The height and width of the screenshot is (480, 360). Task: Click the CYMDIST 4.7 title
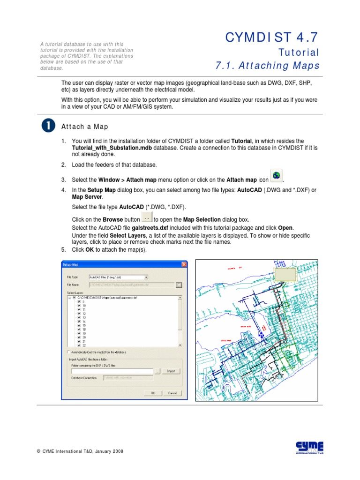point(272,37)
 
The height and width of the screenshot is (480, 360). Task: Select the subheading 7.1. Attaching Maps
point(267,66)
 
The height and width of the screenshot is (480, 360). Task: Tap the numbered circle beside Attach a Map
point(48,126)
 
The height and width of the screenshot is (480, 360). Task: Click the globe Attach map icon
point(277,176)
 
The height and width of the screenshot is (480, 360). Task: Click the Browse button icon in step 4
point(147,218)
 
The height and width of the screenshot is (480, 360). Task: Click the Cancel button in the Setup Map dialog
point(172,393)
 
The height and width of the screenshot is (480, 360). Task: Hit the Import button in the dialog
point(171,371)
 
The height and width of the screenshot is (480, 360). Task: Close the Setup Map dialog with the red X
point(181,265)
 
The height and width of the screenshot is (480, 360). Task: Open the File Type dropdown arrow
point(146,277)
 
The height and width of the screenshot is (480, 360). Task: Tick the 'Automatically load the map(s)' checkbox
point(68,352)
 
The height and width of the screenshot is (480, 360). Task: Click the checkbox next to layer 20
point(78,337)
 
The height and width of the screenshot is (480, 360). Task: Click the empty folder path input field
point(112,371)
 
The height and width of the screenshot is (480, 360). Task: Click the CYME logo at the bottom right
point(309,447)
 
